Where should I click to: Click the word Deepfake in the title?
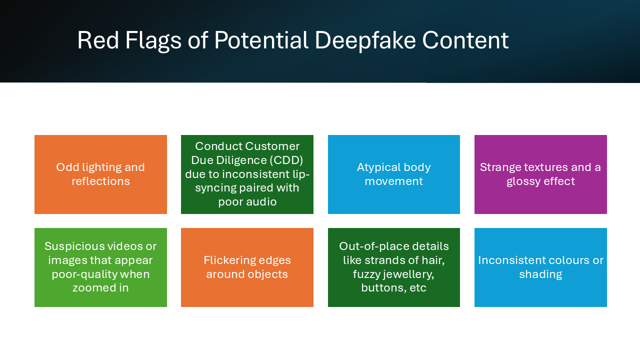(365, 40)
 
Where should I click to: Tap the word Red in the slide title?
(97, 40)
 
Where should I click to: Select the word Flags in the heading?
(153, 41)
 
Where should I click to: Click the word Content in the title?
(465, 40)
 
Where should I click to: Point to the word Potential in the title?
(261, 40)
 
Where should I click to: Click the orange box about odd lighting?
(100, 174)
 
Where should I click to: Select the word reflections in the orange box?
(100, 181)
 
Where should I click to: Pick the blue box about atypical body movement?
(393, 174)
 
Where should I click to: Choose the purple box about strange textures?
(540, 174)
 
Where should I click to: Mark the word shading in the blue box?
(540, 274)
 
